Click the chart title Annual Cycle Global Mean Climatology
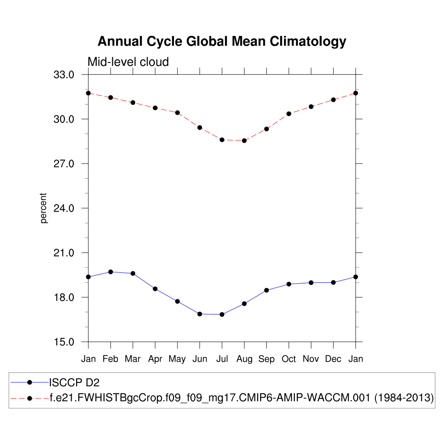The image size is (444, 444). pyautogui.click(x=222, y=42)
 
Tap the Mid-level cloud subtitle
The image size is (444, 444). pyautogui.click(x=128, y=62)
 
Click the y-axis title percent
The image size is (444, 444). pyautogui.click(x=43, y=208)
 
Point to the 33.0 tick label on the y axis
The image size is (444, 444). pyautogui.click(x=64, y=75)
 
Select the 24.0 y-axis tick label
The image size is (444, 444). pyautogui.click(x=64, y=208)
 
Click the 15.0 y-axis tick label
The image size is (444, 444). pyautogui.click(x=64, y=342)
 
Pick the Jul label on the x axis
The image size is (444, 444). pyautogui.click(x=222, y=359)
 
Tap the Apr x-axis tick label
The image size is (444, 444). pyautogui.click(x=155, y=359)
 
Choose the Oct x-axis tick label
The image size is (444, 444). pyautogui.click(x=289, y=359)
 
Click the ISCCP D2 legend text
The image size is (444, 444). pyautogui.click(x=75, y=382)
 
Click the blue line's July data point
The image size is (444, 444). pyautogui.click(x=222, y=314)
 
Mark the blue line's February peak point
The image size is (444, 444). pyautogui.click(x=111, y=272)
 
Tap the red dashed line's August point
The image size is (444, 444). pyautogui.click(x=244, y=140)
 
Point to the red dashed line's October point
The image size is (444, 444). pyautogui.click(x=289, y=114)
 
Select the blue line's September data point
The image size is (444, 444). pyautogui.click(x=267, y=290)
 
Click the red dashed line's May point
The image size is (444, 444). pyautogui.click(x=177, y=113)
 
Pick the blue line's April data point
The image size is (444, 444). pyautogui.click(x=155, y=289)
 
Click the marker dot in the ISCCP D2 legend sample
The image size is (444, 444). pyautogui.click(x=29, y=382)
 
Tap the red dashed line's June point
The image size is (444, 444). pyautogui.click(x=200, y=127)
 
